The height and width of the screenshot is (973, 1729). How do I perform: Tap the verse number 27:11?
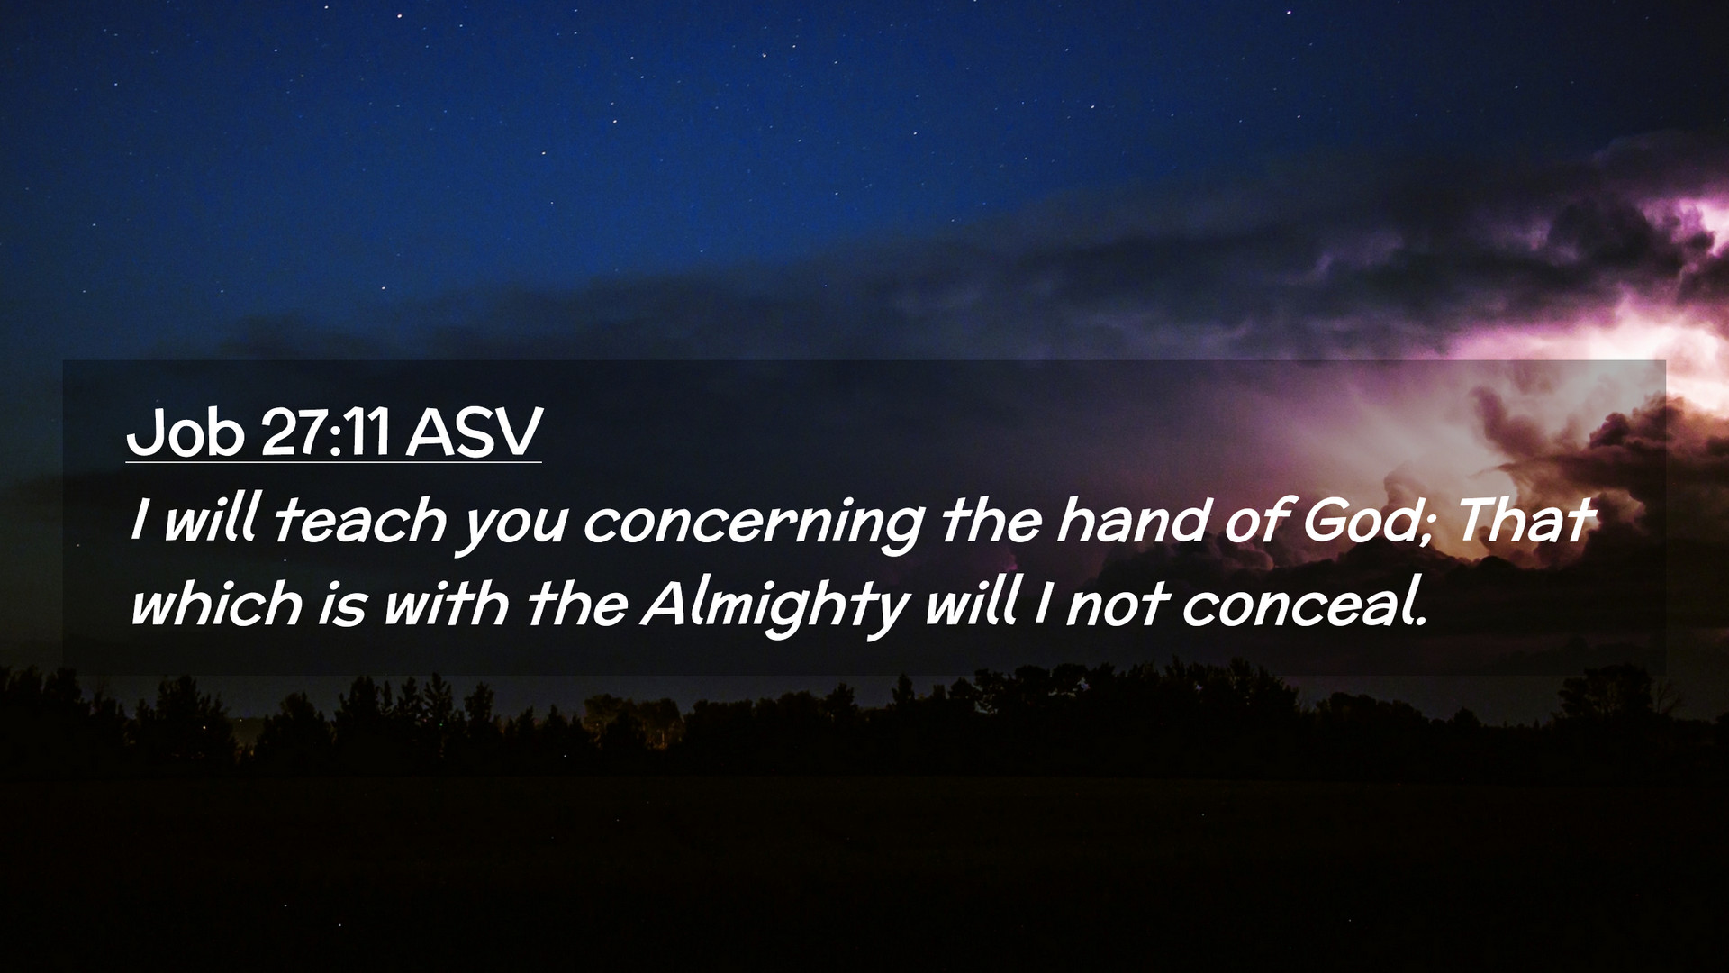[x=325, y=432]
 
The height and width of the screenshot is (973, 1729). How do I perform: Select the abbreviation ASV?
[x=473, y=432]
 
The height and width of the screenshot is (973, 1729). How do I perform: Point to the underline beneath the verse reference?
[x=333, y=462]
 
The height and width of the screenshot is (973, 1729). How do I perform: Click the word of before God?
[x=1254, y=520]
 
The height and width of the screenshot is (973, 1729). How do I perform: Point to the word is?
[x=341, y=604]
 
